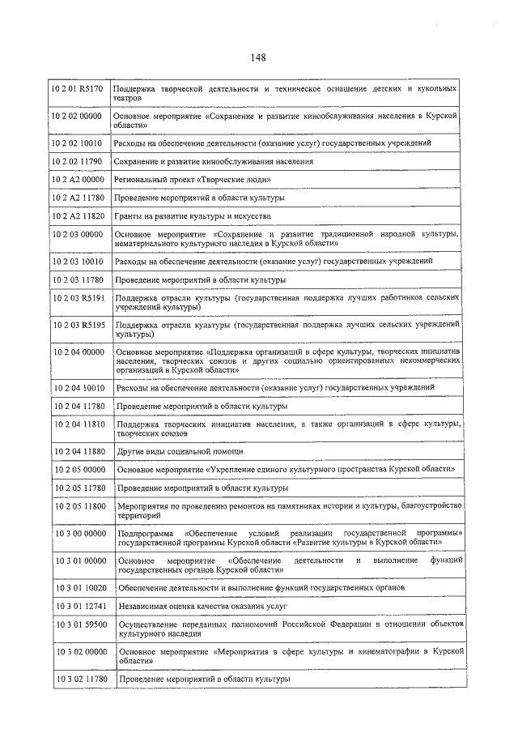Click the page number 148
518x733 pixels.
258,58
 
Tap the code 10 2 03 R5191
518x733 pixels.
79,299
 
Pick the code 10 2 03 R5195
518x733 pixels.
79,325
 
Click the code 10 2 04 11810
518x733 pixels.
79,424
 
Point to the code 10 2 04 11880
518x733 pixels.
79,450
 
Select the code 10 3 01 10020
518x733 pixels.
79,586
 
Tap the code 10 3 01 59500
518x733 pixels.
79,624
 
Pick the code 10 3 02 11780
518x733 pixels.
79,678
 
